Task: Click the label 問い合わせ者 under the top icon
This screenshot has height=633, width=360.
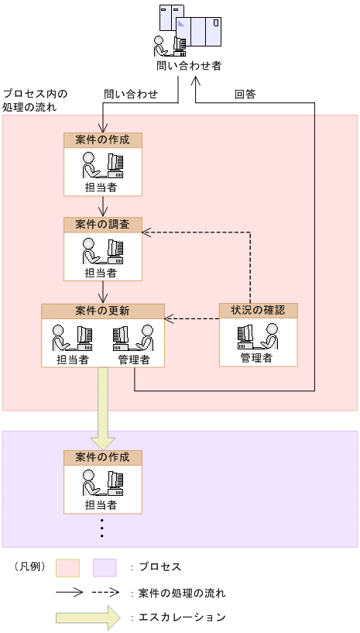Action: tap(189, 66)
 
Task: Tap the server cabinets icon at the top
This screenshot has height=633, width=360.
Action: tap(190, 27)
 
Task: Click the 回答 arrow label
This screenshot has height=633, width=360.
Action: tap(245, 95)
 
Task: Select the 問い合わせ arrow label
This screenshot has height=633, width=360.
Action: tap(132, 95)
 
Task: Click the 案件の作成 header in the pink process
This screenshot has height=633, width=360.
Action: tap(103, 140)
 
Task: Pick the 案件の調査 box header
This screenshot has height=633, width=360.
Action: tap(103, 225)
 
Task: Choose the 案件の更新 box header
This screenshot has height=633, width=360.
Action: tap(103, 311)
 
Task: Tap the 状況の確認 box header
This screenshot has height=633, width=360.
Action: tap(258, 311)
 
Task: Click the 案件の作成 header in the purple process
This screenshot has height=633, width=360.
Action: tap(103, 457)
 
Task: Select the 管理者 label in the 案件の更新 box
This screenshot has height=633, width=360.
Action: tap(134, 360)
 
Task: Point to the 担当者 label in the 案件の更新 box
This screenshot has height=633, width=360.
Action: tap(72, 360)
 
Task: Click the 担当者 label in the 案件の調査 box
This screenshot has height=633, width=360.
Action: tap(101, 273)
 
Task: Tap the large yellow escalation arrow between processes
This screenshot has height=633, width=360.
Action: tap(102, 407)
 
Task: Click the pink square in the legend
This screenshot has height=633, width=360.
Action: tap(67, 568)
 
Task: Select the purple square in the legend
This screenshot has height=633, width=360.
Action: tap(105, 568)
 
